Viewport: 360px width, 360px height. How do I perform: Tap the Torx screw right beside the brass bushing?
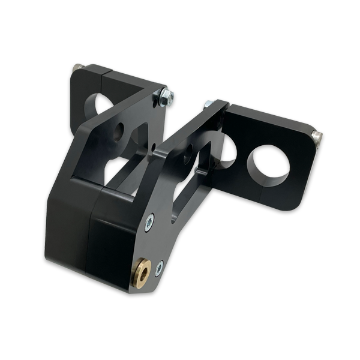159,268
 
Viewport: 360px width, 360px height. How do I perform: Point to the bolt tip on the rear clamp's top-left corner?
78,68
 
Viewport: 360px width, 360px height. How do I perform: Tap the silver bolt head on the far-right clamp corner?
317,137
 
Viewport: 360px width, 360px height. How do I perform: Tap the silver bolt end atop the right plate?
208,104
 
